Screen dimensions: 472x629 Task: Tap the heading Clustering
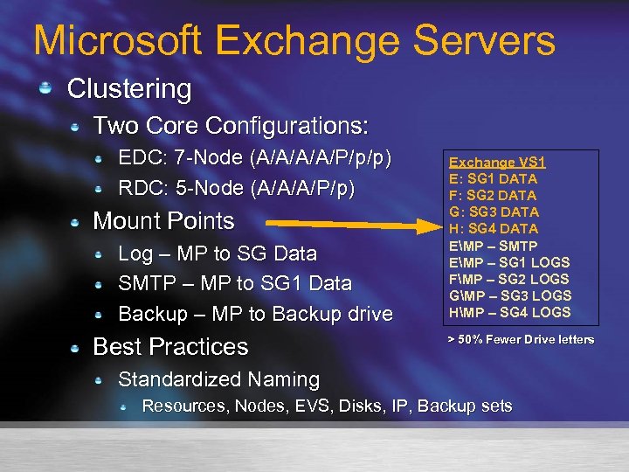click(x=128, y=88)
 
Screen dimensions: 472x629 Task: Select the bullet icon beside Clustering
click(x=50, y=87)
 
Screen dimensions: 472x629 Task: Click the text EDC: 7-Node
click(x=181, y=159)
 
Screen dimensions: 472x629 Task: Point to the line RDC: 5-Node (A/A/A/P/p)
click(x=236, y=188)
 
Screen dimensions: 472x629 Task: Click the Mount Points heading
click(x=163, y=220)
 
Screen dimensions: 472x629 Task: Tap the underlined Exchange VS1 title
click(x=497, y=162)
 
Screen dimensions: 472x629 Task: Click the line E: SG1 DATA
click(x=493, y=178)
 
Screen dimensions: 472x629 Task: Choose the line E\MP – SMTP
click(x=493, y=246)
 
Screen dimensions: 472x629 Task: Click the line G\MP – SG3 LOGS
click(x=509, y=295)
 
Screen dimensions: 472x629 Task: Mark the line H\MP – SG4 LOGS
click(x=509, y=312)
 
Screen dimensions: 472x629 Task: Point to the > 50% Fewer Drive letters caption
click(x=521, y=339)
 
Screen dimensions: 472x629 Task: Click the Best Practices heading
click(x=170, y=346)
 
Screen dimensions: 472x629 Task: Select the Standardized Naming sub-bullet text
click(x=218, y=379)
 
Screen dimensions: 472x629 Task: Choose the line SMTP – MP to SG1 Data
click(x=235, y=283)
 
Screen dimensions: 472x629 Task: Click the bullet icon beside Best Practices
click(x=76, y=347)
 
